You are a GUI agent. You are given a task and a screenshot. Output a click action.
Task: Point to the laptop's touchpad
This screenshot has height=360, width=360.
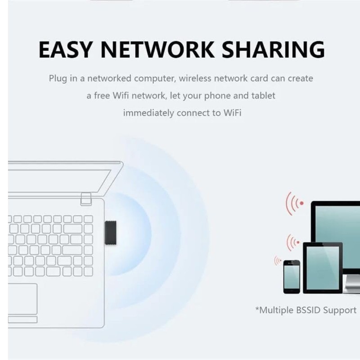22,299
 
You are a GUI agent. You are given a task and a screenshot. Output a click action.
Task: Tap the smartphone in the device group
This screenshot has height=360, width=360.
292,276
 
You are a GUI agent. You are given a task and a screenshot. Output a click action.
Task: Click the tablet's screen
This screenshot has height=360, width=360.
323,267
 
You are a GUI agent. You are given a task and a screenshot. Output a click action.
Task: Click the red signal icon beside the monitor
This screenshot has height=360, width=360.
296,203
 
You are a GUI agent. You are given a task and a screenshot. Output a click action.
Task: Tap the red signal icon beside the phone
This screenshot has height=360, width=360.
278,261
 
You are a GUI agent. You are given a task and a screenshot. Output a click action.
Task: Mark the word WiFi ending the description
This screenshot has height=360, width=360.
232,113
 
